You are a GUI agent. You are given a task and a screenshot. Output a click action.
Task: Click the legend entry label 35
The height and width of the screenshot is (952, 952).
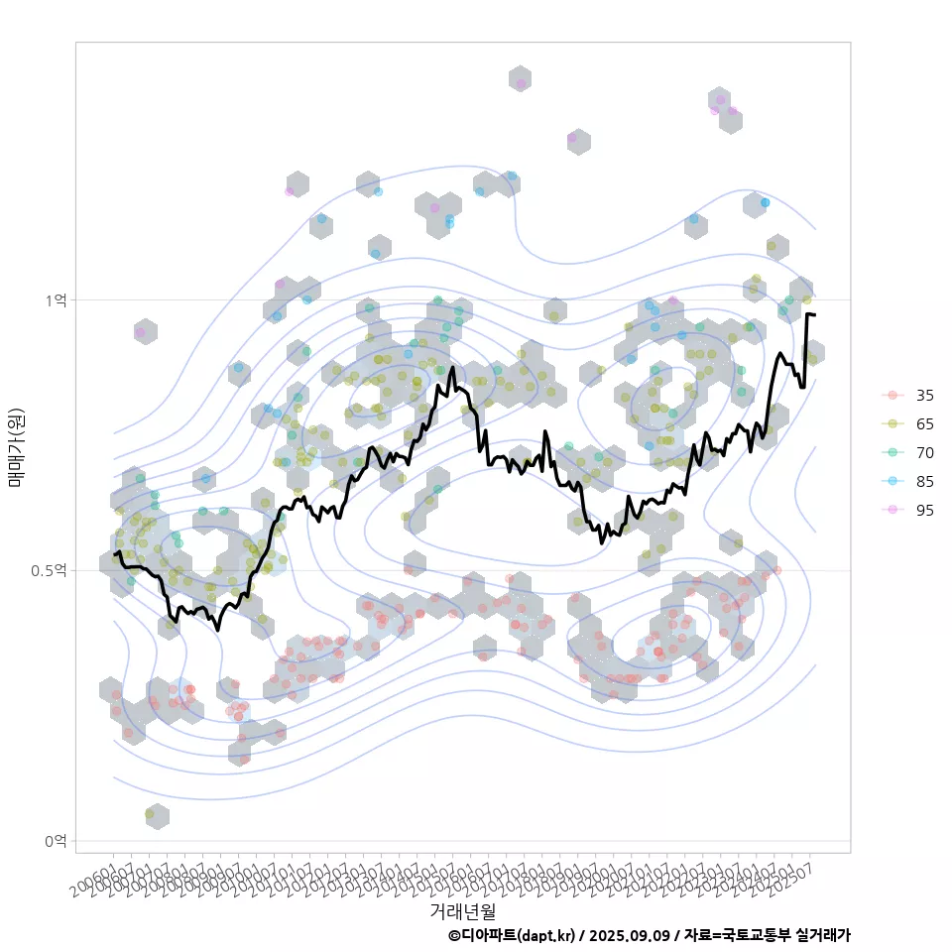[x=924, y=396]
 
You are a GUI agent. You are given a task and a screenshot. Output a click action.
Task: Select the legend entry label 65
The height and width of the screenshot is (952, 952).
[x=924, y=424]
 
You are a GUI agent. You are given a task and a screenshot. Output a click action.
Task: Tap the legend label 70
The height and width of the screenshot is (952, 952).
[x=924, y=453]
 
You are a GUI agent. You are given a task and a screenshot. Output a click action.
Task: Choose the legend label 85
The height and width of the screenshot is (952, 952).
[x=924, y=482]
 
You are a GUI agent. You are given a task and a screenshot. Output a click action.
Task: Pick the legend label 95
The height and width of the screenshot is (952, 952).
[x=924, y=510]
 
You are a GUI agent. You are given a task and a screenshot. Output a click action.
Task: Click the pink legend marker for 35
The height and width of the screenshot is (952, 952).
[x=892, y=396]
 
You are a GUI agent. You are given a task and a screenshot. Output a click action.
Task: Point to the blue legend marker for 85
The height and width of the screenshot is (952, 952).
[x=892, y=482]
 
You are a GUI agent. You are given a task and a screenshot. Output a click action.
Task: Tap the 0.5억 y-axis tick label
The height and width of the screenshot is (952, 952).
[x=52, y=570]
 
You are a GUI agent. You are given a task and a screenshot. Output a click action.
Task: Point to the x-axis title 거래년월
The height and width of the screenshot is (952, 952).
[x=462, y=910]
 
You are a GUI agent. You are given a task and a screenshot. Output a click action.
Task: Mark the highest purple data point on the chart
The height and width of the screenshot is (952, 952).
[x=521, y=83]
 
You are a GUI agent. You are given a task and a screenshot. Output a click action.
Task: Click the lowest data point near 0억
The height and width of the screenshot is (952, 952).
[x=151, y=814]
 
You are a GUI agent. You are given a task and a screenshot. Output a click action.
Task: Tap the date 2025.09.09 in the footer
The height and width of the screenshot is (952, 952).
[x=629, y=935]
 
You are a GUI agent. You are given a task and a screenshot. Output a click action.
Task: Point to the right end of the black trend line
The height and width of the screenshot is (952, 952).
[x=814, y=315]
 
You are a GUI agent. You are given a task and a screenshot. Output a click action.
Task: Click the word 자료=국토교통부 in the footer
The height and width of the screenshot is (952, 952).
[x=736, y=935]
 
